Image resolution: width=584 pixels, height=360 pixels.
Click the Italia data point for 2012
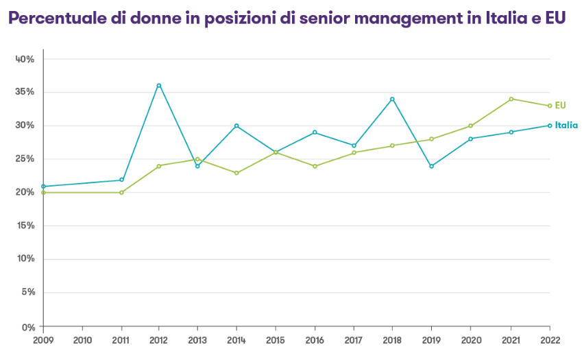(159, 86)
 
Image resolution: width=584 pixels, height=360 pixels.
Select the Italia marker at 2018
(392, 99)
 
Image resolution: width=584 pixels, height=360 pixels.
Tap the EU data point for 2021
(511, 99)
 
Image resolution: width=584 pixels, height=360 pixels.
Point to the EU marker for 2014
(236, 173)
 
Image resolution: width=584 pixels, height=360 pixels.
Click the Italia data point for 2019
(431, 166)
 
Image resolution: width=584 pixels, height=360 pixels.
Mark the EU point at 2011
(121, 193)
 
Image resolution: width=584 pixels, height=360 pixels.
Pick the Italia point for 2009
(43, 187)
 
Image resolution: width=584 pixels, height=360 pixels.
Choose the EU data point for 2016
(315, 166)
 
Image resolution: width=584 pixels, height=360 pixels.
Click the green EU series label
(560, 105)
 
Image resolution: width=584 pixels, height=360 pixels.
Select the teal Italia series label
(566, 125)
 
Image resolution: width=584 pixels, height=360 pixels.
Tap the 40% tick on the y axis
(25, 59)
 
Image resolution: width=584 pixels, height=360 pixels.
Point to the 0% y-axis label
(27, 326)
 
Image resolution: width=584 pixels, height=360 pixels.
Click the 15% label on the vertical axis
(25, 226)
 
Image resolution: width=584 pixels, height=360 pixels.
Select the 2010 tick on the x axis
(82, 339)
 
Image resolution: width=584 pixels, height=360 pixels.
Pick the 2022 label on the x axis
(550, 339)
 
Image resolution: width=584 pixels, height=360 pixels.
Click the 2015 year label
(276, 339)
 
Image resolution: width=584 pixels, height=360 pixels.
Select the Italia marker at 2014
(236, 125)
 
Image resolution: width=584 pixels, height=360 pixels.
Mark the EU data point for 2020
(471, 125)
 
